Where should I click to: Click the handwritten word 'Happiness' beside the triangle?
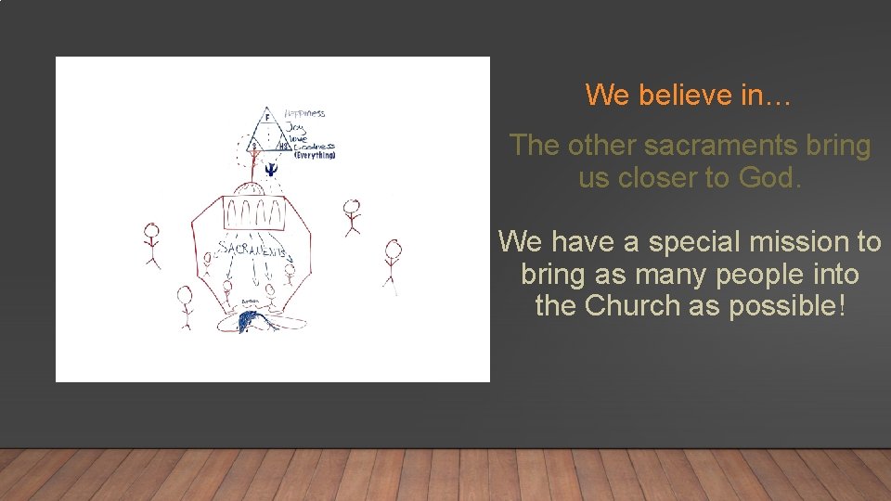pyautogui.click(x=304, y=113)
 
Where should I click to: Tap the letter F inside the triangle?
pyautogui.click(x=267, y=118)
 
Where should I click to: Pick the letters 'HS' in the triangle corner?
pyautogui.click(x=286, y=147)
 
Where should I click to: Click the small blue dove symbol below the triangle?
pyautogui.click(x=270, y=169)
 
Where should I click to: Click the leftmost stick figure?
pyautogui.click(x=152, y=243)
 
